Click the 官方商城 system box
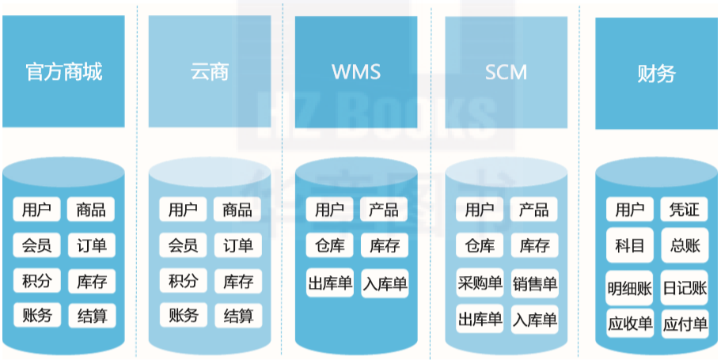63,71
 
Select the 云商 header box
210,71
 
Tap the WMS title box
356,72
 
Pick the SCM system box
506,72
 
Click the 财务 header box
656,74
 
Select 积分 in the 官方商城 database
36,280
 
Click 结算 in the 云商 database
238,316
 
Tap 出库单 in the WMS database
330,282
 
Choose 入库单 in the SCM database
535,319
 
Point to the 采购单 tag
480,282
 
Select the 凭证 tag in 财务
685,210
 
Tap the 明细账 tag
629,288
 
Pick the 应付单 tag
685,324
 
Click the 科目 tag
629,245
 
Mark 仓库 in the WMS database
330,245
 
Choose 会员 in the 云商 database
183,245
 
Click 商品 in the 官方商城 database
90,210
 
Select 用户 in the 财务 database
629,210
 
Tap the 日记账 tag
685,288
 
